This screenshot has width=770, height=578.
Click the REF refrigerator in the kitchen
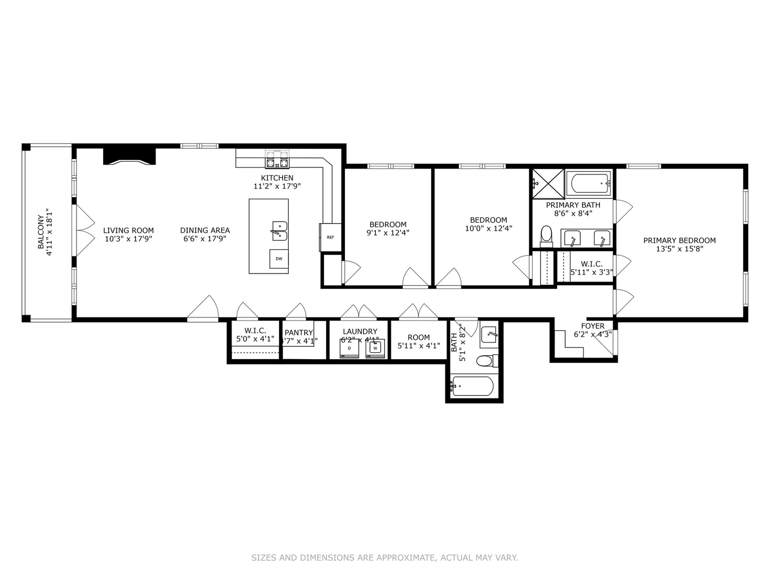coord(330,237)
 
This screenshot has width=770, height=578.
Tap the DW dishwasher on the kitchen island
coord(279,259)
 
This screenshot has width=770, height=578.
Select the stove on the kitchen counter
coord(278,159)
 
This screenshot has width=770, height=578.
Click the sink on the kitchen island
coord(279,231)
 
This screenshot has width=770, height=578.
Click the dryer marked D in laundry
coord(349,348)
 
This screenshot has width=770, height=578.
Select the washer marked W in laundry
coord(375,348)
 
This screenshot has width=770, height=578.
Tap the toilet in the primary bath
coord(546,235)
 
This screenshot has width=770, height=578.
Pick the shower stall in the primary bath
coord(548,184)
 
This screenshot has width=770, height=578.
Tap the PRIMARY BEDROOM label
coord(679,240)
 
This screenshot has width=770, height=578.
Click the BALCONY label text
coord(41,232)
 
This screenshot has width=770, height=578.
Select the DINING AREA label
coord(205,230)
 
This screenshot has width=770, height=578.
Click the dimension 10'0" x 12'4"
coord(488,228)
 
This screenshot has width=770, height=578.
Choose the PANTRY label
coord(298,332)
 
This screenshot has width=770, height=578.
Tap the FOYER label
coord(592,326)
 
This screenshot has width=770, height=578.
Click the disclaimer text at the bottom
coord(384,558)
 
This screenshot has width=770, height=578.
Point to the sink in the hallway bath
coord(489,334)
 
